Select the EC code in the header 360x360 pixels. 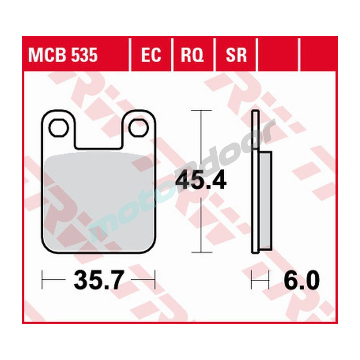point(151,56)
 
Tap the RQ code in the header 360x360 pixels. point(192,56)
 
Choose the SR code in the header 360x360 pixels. point(236,56)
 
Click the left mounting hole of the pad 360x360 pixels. point(59,128)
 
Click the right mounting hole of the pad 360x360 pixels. point(139,128)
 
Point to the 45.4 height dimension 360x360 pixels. point(201,181)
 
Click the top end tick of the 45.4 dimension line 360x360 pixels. point(201,110)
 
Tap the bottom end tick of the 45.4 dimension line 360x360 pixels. point(201,252)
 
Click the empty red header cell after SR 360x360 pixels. point(279,56)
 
